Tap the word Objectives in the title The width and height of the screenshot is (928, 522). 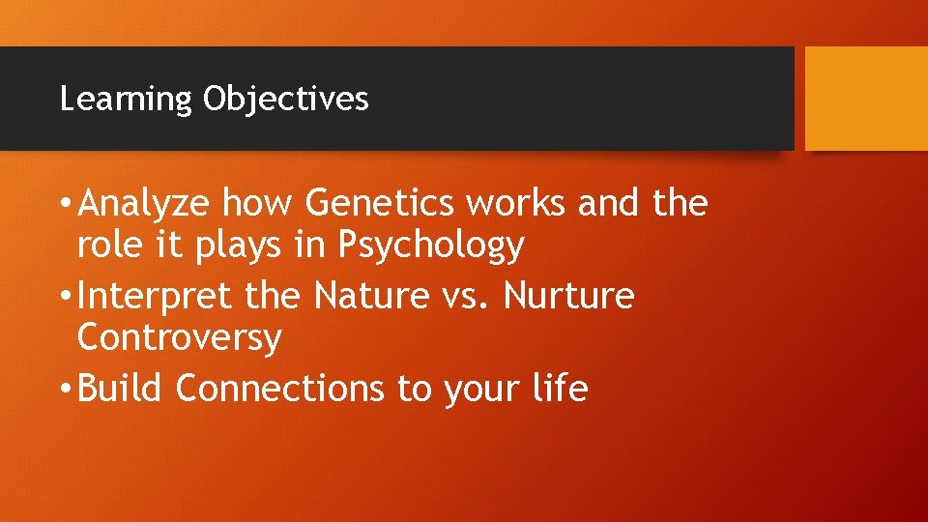tap(285, 100)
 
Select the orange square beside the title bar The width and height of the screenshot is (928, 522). tap(866, 99)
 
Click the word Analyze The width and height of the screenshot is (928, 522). tap(145, 205)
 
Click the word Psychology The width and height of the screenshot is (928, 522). tap(431, 247)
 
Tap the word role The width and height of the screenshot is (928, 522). tap(109, 246)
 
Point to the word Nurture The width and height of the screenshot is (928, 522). tap(570, 297)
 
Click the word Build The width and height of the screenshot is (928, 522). tap(122, 389)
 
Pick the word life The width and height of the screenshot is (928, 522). tap(560, 389)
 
